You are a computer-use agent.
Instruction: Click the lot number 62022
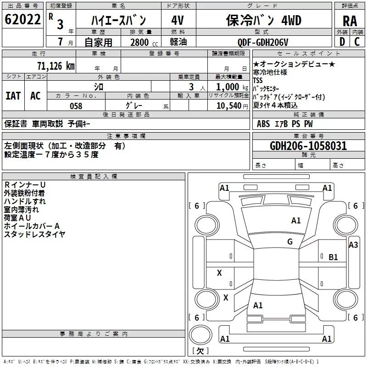coord(22,19)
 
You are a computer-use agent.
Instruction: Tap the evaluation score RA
coord(350,21)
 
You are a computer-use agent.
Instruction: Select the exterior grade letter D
coord(342,42)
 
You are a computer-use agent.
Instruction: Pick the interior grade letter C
coord(357,42)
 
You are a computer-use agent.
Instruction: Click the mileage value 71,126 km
coord(56,66)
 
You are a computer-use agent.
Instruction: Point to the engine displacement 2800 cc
coord(144,42)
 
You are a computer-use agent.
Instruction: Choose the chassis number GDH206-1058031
coord(308,146)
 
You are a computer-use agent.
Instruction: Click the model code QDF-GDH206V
coord(262,42)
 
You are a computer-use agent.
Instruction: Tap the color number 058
coord(76,106)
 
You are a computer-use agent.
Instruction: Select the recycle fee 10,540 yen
coord(232,106)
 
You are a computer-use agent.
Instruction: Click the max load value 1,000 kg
coord(232,87)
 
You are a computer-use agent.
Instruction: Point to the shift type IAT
coord(13,96)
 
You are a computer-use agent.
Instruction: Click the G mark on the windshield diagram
coord(290,242)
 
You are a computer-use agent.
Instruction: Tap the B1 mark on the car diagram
coord(333,257)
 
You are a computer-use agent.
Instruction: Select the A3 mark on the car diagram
coord(353,245)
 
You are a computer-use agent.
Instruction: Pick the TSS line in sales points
coord(258,80)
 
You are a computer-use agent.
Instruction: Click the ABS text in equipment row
coord(263,124)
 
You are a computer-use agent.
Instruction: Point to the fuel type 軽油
coord(178,42)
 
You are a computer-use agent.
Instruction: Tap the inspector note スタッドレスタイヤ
coord(35,234)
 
